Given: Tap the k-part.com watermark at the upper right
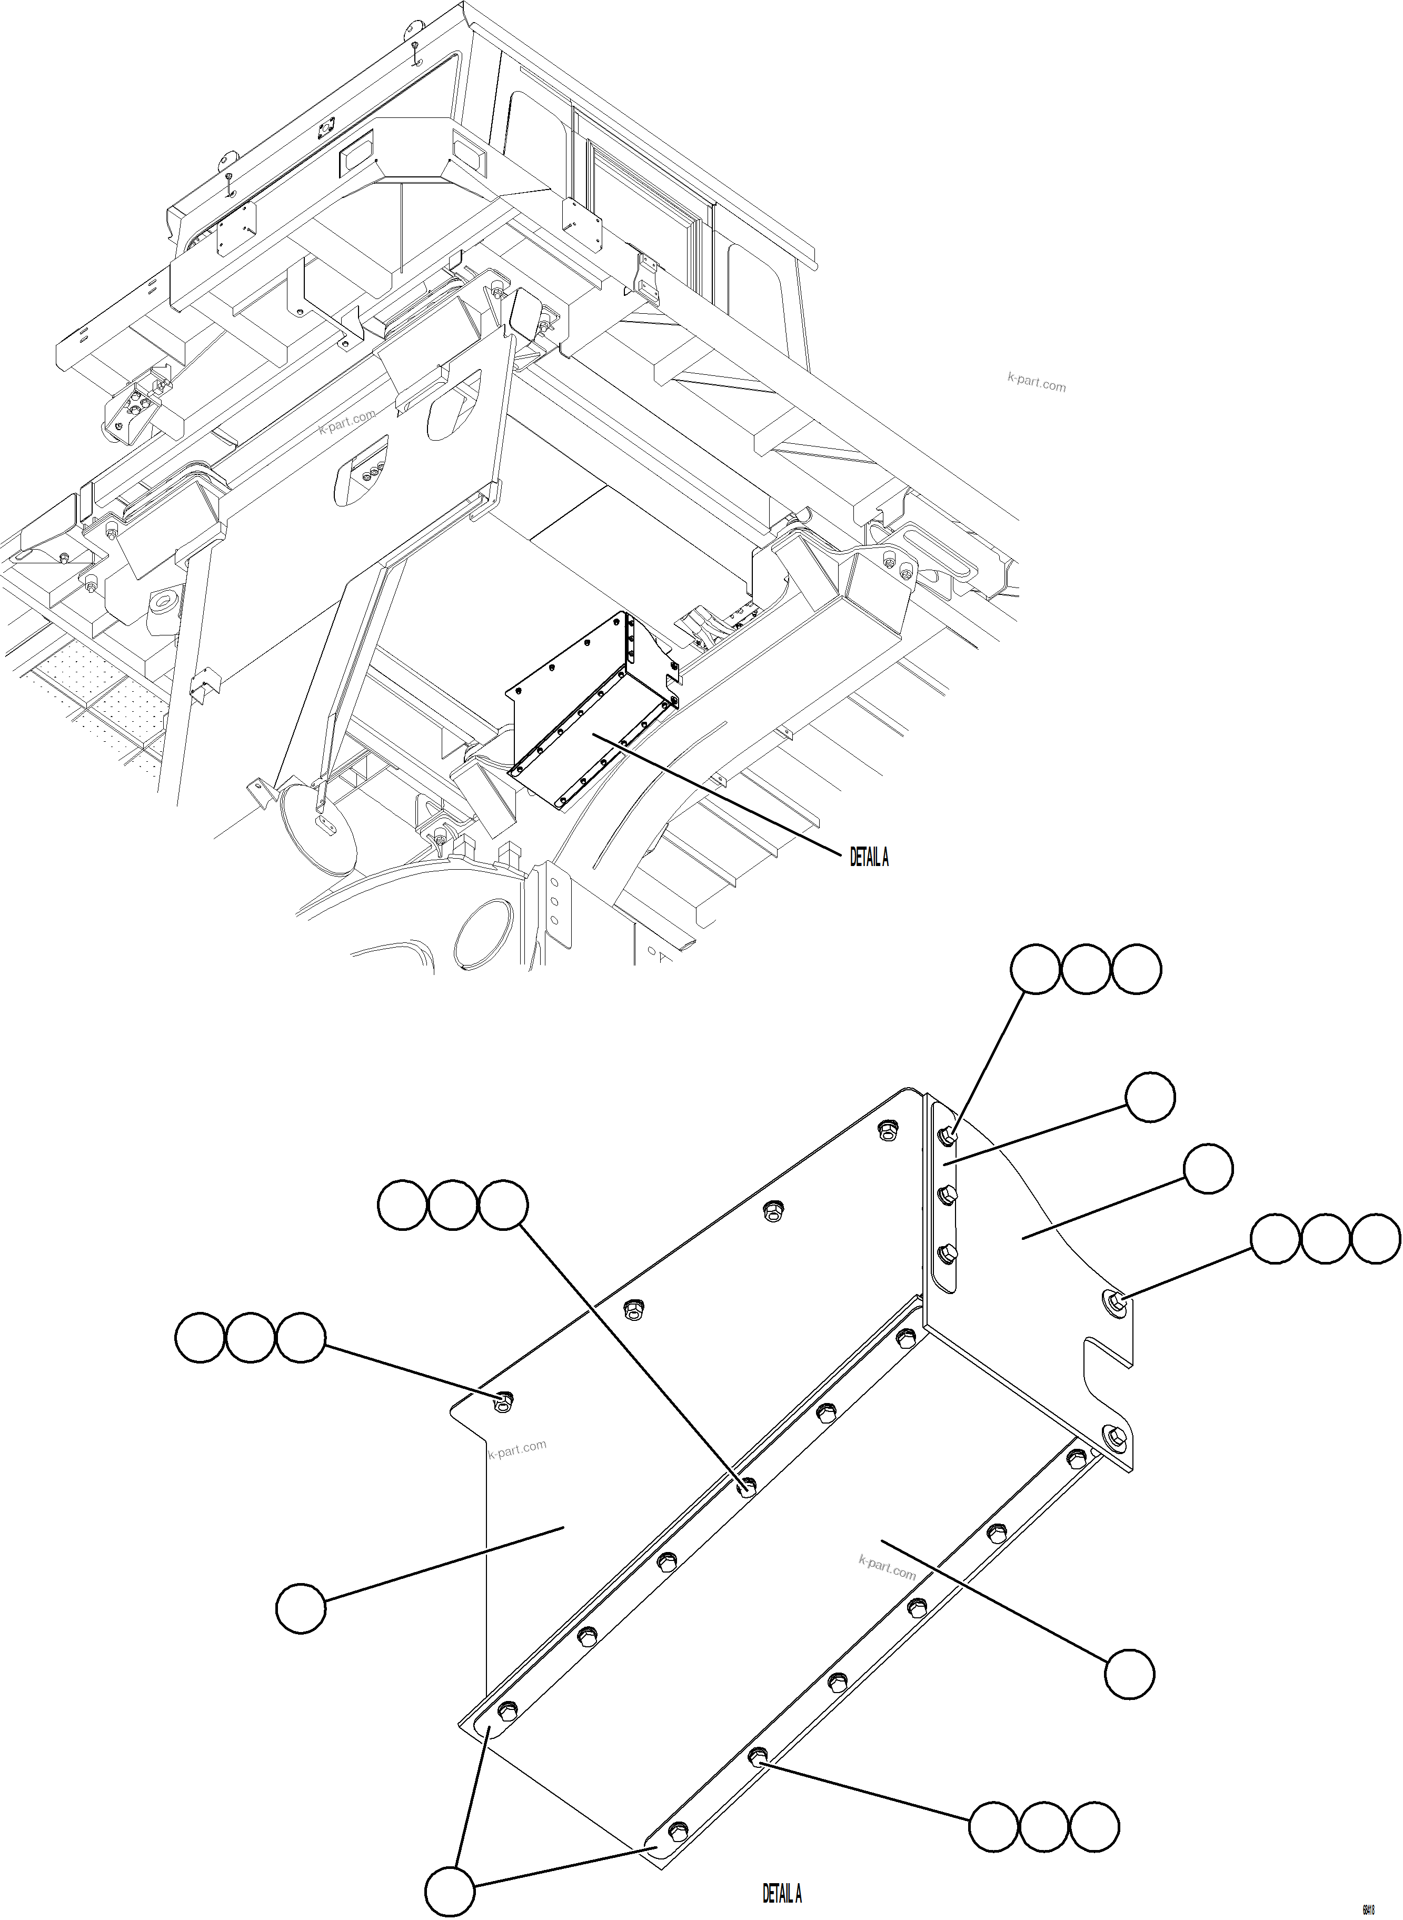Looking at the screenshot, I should (1036, 382).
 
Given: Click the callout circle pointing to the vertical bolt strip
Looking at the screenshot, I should (1151, 1097).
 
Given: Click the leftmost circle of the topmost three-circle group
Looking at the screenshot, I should (1035, 969).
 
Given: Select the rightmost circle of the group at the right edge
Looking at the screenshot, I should (1376, 1238).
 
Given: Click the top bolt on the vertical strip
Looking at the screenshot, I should (947, 1136).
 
